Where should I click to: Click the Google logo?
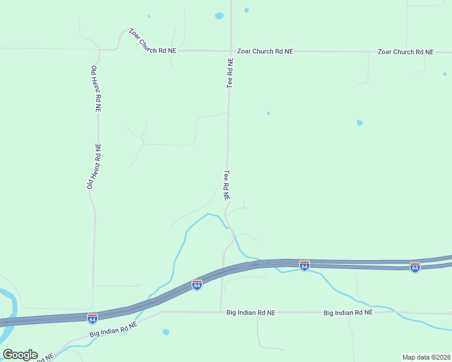point(20,355)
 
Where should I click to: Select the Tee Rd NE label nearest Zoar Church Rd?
point(230,73)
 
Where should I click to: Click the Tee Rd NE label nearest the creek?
point(227,185)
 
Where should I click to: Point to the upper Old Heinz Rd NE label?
point(96,89)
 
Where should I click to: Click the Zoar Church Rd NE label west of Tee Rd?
point(152,41)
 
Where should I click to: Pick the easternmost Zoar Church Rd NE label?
point(405,52)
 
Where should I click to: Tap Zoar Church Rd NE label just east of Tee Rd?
point(265,52)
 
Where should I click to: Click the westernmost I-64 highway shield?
point(92,318)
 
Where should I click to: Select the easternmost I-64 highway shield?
point(415,266)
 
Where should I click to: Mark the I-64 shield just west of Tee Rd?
point(196,284)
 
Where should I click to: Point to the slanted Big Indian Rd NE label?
point(114,329)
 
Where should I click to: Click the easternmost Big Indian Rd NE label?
point(348,313)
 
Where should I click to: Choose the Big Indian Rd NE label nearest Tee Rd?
point(251,313)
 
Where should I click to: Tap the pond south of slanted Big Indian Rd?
point(166,332)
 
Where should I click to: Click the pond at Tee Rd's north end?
point(219,16)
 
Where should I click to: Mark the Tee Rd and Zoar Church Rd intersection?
point(230,51)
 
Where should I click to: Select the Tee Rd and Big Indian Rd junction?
point(220,312)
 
